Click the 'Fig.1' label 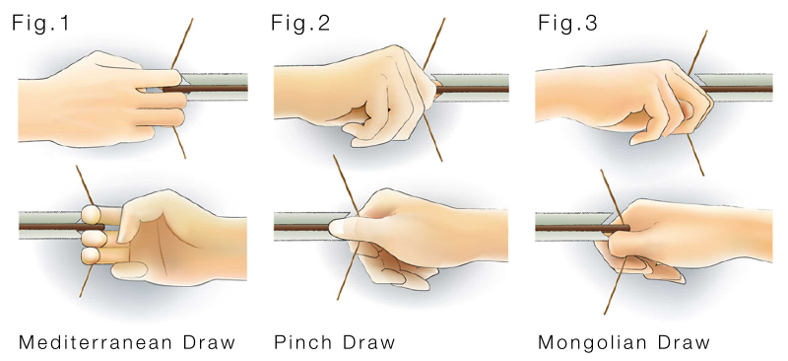[40, 23]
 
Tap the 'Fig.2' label [300, 23]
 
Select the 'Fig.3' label [567, 23]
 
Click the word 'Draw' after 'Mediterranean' [209, 343]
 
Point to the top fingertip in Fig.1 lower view [90, 214]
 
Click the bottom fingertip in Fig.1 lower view [91, 255]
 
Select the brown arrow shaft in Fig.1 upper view [205, 89]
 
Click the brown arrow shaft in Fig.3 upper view [737, 89]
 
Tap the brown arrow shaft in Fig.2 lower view [302, 228]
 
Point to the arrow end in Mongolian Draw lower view [628, 228]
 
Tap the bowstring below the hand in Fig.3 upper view [695, 155]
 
